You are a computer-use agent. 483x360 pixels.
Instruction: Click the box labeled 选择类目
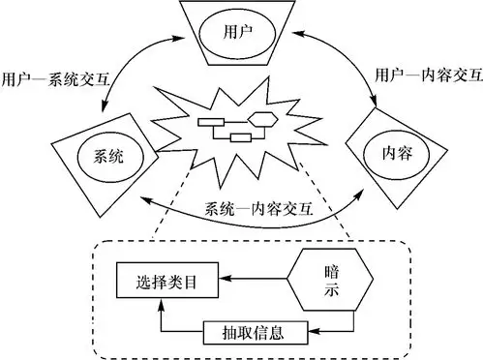163,282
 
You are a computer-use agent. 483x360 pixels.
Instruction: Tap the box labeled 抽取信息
256,333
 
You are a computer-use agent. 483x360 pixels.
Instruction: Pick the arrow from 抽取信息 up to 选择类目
163,319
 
